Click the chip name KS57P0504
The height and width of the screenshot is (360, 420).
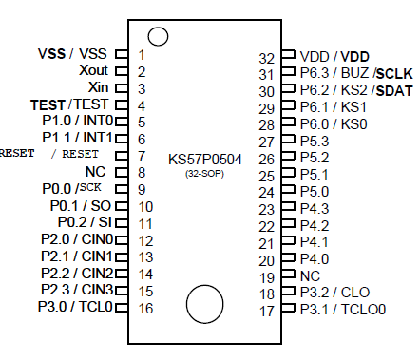click(x=204, y=159)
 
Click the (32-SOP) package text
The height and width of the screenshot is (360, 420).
click(x=204, y=174)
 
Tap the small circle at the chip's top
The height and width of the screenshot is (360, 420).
click(x=159, y=37)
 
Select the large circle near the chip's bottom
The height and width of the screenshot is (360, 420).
click(x=206, y=304)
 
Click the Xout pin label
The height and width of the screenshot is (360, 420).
click(x=93, y=71)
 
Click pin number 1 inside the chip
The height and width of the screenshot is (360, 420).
click(x=142, y=55)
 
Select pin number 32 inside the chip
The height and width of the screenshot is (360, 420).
click(x=268, y=57)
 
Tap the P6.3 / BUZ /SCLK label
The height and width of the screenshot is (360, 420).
click(x=343, y=73)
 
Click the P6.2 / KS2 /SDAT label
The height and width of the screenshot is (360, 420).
click(x=343, y=90)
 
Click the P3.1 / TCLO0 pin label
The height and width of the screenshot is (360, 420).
click(x=343, y=310)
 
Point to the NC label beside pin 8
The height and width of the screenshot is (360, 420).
click(x=94, y=172)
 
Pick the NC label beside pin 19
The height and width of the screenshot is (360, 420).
click(x=311, y=275)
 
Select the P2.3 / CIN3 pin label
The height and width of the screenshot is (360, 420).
click(x=76, y=290)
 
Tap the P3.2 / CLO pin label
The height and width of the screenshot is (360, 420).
click(x=334, y=293)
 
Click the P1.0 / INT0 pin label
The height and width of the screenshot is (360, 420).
click(x=77, y=122)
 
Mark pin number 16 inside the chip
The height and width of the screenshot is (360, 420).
click(x=145, y=308)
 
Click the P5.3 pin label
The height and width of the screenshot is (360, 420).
click(x=315, y=141)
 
